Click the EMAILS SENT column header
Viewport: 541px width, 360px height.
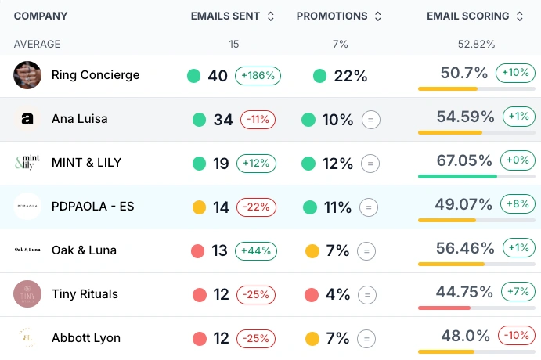coord(225,16)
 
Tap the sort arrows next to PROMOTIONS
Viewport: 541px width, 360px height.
coord(377,16)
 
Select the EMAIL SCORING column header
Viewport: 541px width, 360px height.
coord(467,16)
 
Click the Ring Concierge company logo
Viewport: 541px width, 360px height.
coord(27,75)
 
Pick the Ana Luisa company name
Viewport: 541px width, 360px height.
coord(79,119)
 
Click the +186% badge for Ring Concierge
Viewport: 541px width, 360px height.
coord(258,76)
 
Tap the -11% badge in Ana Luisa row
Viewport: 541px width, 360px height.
coord(258,120)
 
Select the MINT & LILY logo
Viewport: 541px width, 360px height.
coord(27,163)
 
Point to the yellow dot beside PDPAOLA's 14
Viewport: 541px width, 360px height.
coord(199,207)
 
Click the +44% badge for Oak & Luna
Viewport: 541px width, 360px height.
coord(258,251)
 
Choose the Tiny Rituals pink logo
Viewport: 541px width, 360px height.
coord(27,294)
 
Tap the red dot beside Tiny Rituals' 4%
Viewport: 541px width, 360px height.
coord(312,295)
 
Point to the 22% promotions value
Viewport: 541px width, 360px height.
coord(350,76)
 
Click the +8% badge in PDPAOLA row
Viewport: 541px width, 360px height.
coord(518,204)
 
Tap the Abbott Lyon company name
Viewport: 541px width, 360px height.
coord(86,338)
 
